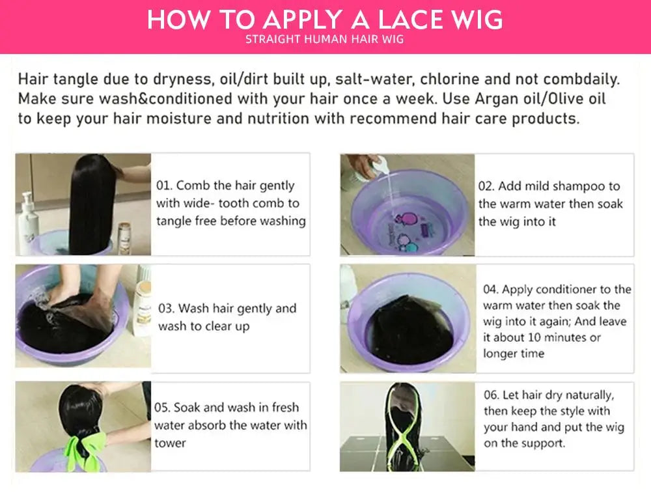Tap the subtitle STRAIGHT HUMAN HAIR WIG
tap(325, 40)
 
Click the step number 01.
tap(164, 186)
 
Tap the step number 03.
tap(166, 309)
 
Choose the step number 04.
tap(491, 290)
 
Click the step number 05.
tap(162, 408)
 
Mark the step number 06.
tap(492, 395)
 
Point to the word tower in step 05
tap(170, 443)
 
